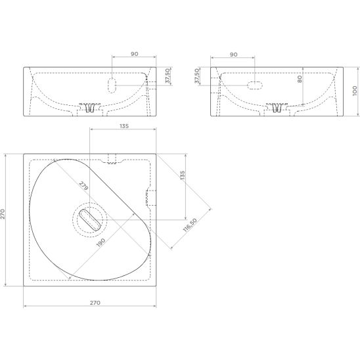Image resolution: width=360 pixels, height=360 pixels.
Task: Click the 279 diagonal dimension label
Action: (x=83, y=186)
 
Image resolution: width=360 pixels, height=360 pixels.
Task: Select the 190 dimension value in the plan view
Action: (x=101, y=242)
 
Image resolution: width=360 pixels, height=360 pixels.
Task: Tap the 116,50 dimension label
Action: (x=190, y=225)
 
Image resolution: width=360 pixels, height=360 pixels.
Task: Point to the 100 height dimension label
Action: (x=355, y=91)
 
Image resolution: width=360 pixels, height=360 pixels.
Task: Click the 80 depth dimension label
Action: (x=300, y=79)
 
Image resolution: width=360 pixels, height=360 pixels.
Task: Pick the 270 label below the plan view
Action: (x=95, y=303)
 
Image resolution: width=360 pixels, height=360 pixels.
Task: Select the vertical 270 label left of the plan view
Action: (x=3, y=214)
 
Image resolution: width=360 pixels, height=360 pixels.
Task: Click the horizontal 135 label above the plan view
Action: (x=124, y=126)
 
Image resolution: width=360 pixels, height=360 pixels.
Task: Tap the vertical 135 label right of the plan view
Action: (x=183, y=175)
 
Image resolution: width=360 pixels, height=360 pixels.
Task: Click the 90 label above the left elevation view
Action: (x=135, y=54)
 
